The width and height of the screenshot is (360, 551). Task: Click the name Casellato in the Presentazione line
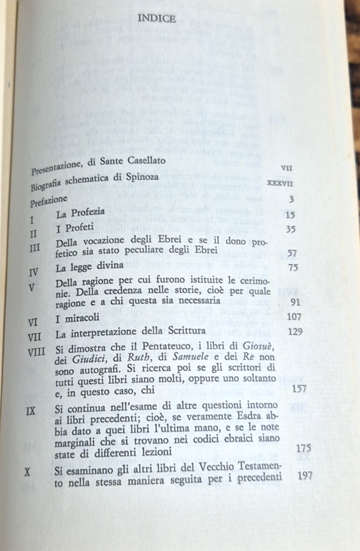coord(143,164)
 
